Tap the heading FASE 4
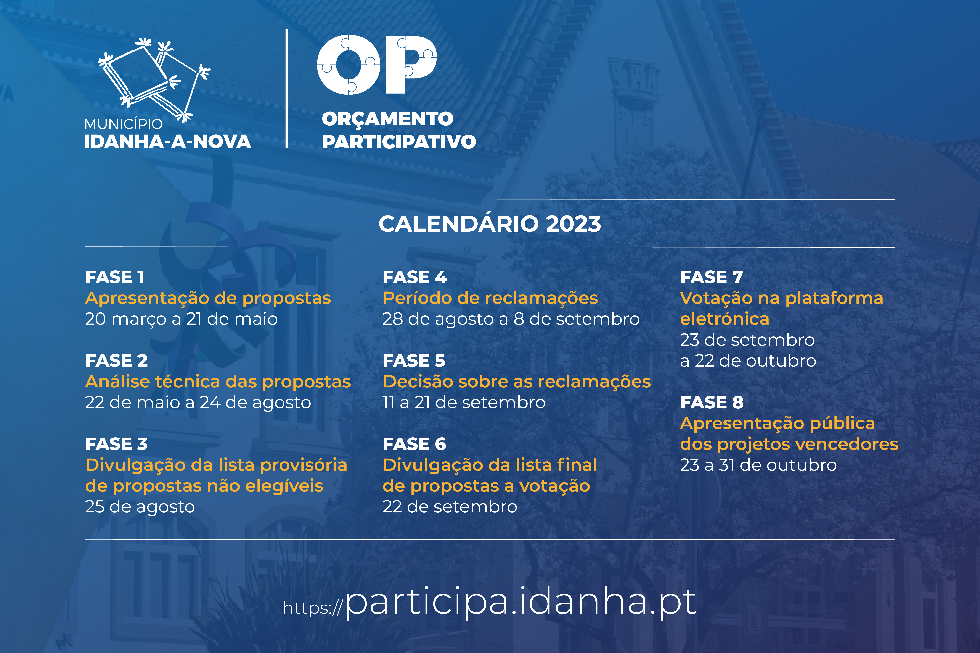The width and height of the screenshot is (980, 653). (415, 277)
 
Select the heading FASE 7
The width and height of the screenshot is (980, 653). (711, 277)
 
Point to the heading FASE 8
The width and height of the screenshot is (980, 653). (712, 402)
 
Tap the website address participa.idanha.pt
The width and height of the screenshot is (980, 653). (521, 603)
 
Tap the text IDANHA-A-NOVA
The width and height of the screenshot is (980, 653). (167, 142)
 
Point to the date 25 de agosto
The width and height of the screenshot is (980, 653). (140, 507)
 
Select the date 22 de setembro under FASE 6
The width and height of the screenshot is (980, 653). (450, 507)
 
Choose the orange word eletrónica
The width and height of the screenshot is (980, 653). (725, 319)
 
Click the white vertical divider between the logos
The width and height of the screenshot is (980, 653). (287, 89)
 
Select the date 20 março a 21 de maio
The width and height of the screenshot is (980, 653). (181, 319)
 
